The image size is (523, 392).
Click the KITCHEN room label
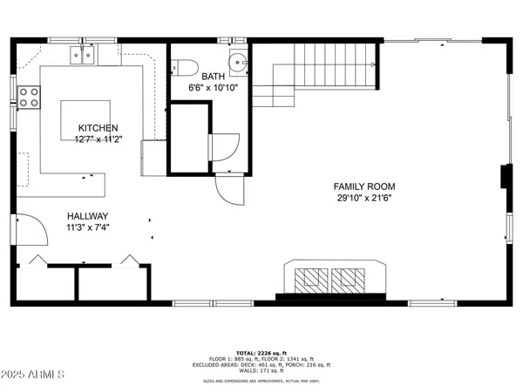98,128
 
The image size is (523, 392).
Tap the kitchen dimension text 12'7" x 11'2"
98,139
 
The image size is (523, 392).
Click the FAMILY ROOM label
364,186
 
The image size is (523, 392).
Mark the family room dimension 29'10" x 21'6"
364,199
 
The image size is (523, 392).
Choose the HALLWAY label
87,216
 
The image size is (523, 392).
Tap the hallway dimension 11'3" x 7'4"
87,228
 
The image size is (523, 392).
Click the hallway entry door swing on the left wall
35,232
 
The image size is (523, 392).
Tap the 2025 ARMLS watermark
34,375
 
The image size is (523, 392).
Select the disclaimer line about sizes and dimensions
261,380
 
